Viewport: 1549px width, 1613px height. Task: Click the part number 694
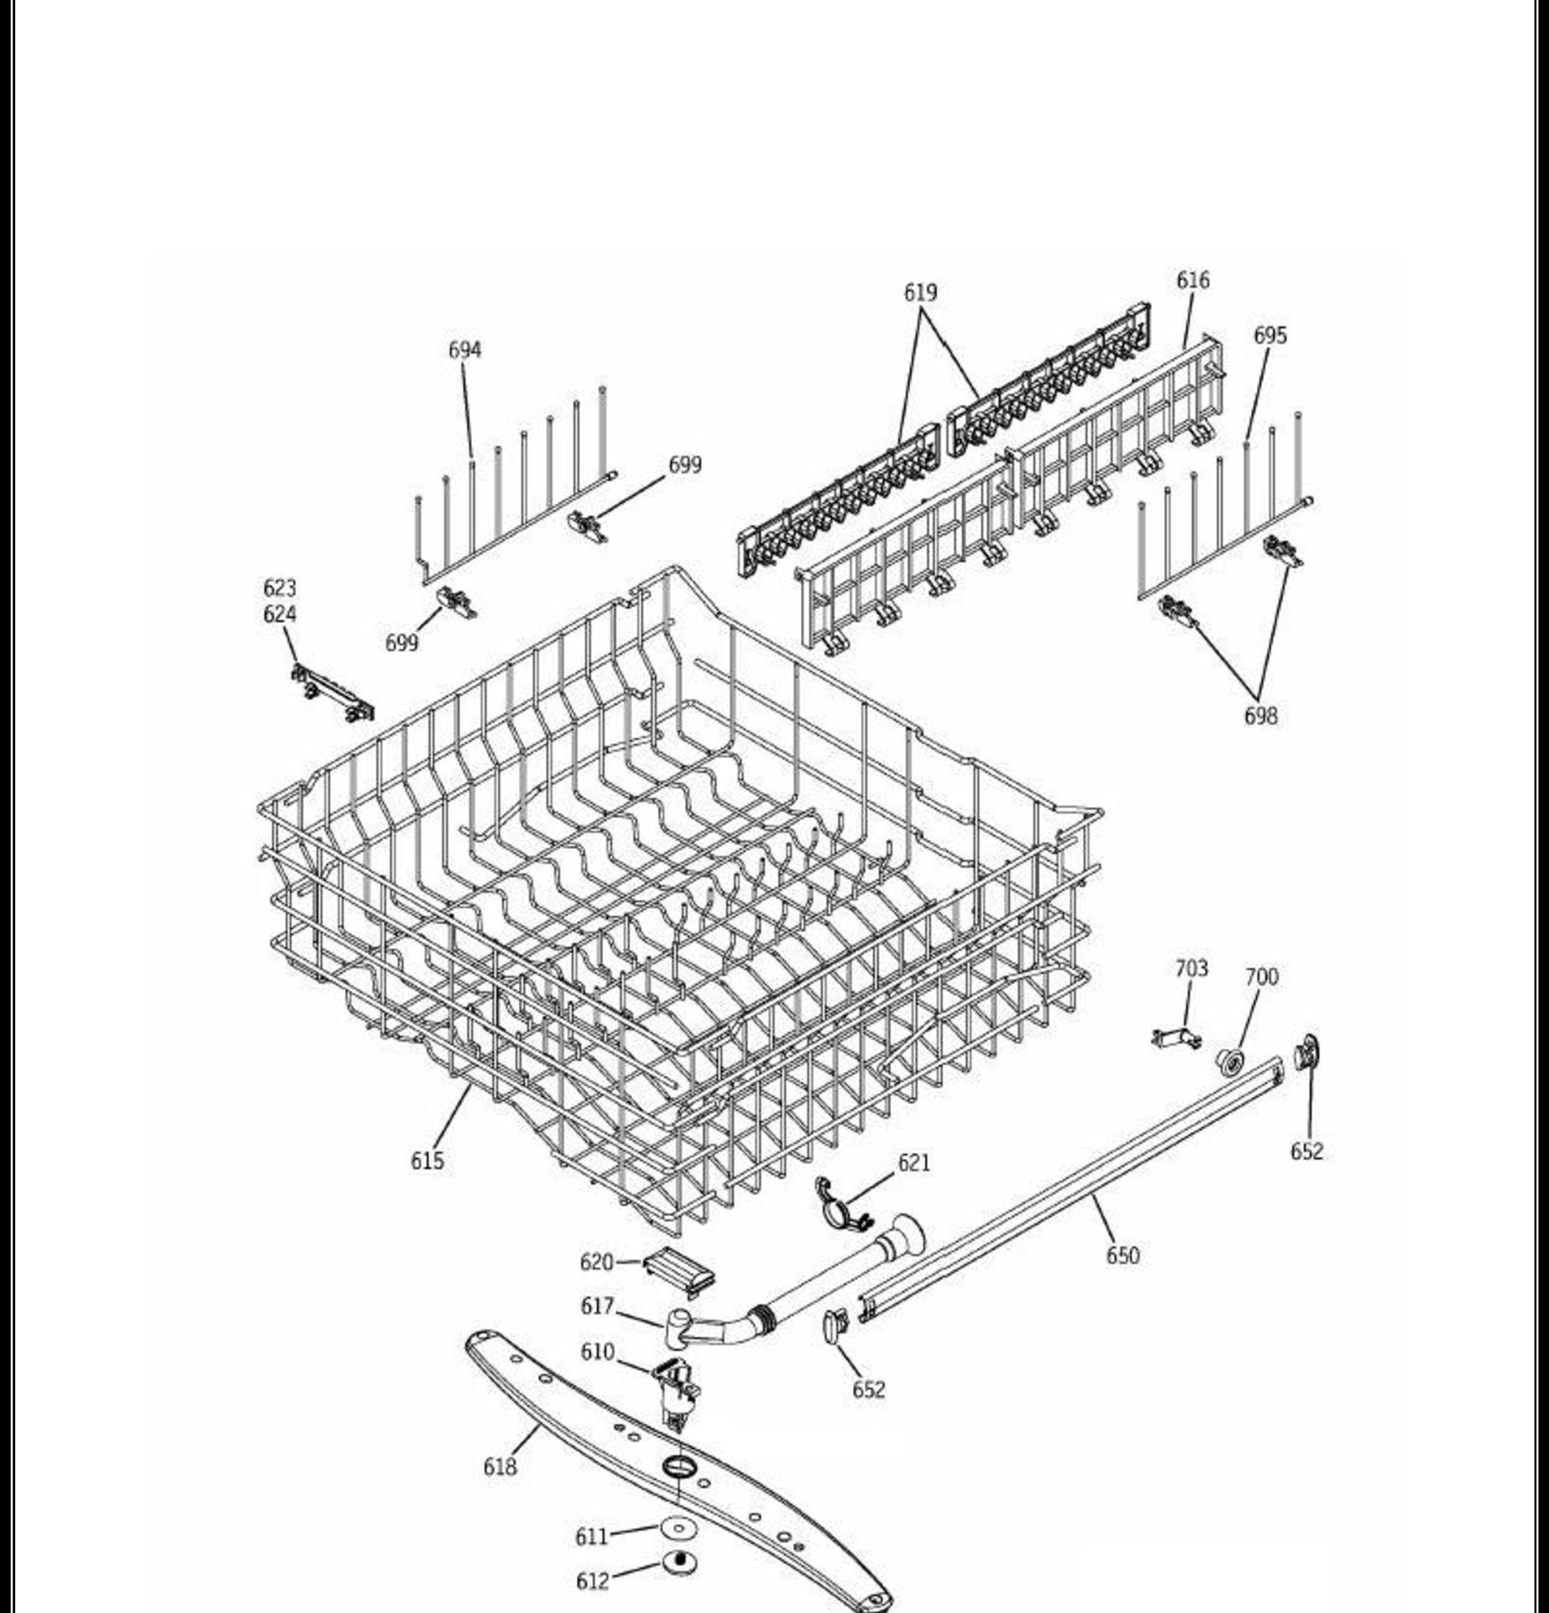(464, 350)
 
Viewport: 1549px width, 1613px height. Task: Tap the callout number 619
(920, 292)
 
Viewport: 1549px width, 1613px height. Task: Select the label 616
(1193, 281)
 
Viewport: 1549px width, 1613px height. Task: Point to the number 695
(1270, 336)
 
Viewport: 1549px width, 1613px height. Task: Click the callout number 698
(1261, 716)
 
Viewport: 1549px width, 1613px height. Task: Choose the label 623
(280, 589)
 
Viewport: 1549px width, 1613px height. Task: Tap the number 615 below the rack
(428, 1161)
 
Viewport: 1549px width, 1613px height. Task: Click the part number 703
(1191, 968)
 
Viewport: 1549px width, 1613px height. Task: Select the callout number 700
(1262, 977)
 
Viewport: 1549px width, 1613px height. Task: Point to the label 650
(1123, 1256)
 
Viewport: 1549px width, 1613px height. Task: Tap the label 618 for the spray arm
(500, 1466)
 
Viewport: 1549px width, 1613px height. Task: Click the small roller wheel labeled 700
(1230, 1062)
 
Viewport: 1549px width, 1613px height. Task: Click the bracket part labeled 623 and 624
(331, 692)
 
